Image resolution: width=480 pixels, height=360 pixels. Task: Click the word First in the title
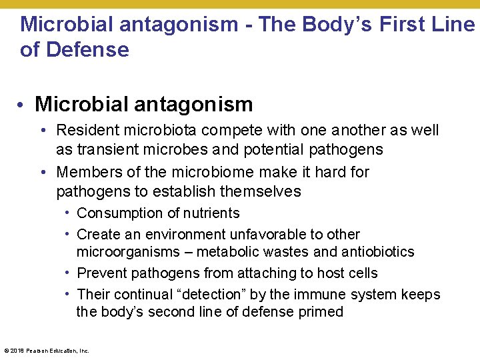[x=402, y=25]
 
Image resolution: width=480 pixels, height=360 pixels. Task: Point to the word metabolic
[x=228, y=252]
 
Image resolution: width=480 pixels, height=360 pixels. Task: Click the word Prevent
[x=102, y=273]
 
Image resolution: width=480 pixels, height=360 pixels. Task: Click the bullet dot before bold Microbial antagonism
[x=23, y=105]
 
